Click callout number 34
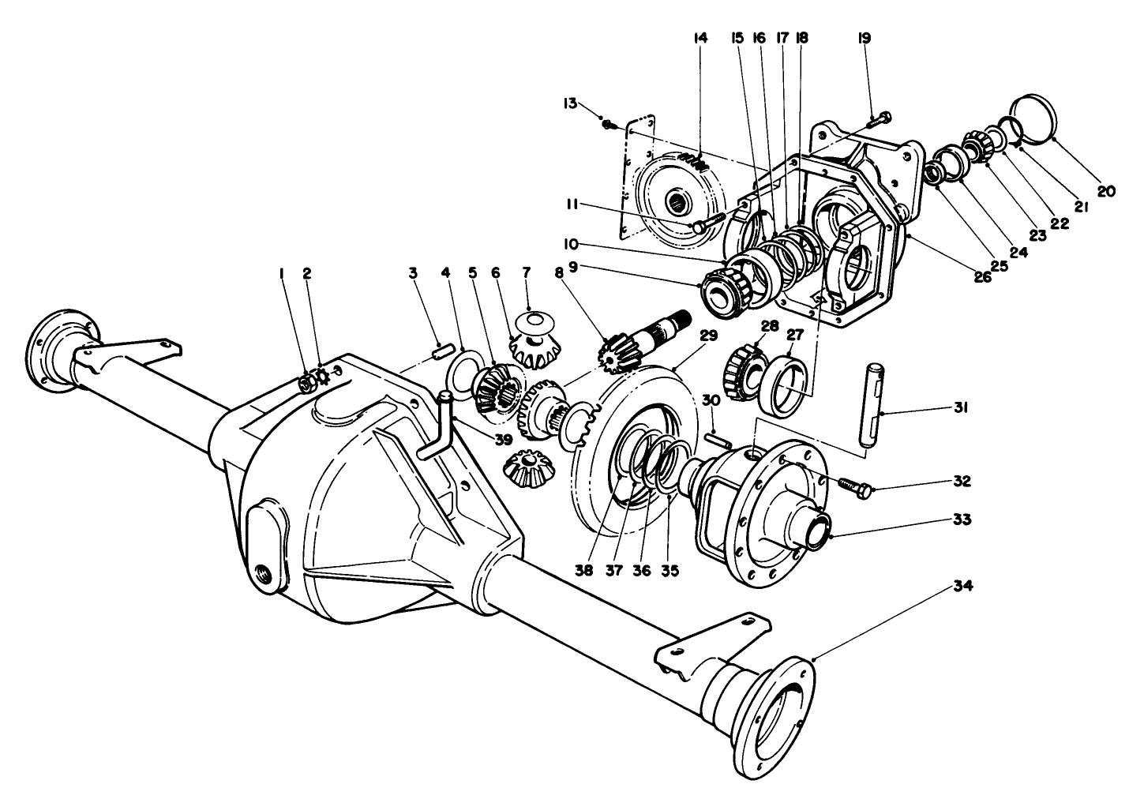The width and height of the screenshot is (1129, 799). pos(962,586)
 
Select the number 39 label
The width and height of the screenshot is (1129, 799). pos(503,439)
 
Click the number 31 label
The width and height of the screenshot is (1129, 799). pos(962,408)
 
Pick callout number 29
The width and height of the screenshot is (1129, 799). pos(707,336)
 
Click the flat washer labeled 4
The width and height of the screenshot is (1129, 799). pos(463,368)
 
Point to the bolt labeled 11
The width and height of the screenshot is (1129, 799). pos(708,222)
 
